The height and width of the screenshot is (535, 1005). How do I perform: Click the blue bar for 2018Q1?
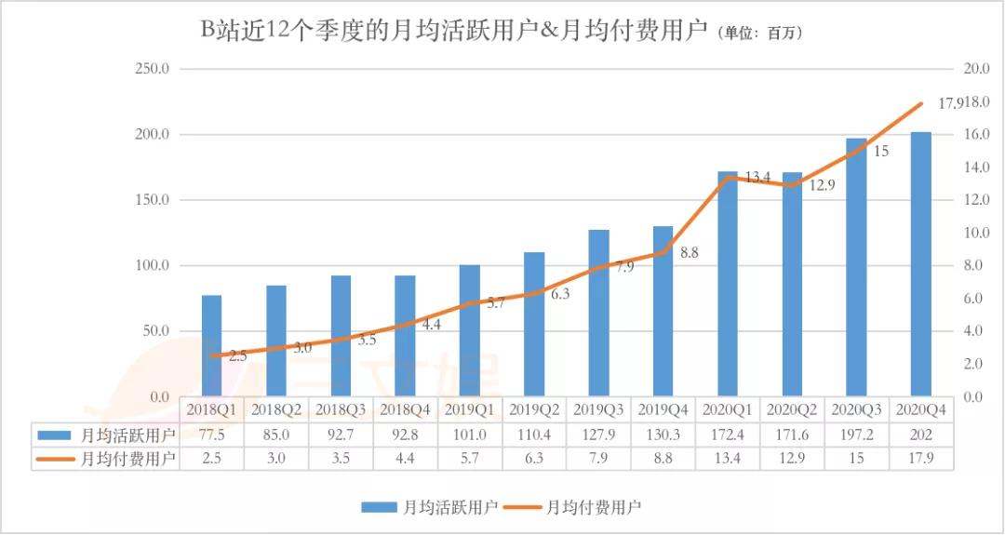coord(211,345)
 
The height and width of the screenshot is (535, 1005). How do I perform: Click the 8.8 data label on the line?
coord(690,252)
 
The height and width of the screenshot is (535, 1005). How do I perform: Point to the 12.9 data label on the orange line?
coord(822,185)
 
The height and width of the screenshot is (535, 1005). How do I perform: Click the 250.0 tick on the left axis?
coord(153,69)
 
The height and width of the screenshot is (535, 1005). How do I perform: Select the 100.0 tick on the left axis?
coord(153,265)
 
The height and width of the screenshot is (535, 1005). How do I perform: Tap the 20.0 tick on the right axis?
coord(972,69)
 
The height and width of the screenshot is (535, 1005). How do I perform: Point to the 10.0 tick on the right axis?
coord(972,233)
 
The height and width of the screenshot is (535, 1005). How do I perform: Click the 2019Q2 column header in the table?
coord(534,409)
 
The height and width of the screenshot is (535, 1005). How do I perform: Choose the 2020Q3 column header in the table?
coord(856,409)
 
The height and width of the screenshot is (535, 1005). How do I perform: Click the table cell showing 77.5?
coord(211,434)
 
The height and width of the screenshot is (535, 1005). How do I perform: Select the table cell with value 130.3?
coord(663,434)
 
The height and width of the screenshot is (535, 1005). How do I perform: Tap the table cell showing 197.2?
coord(856,434)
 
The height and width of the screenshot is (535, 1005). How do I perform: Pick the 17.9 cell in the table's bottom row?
coord(920,458)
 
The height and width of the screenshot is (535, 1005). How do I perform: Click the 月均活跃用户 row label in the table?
coord(120,434)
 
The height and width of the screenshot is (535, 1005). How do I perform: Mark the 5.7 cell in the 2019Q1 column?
coord(470,458)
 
